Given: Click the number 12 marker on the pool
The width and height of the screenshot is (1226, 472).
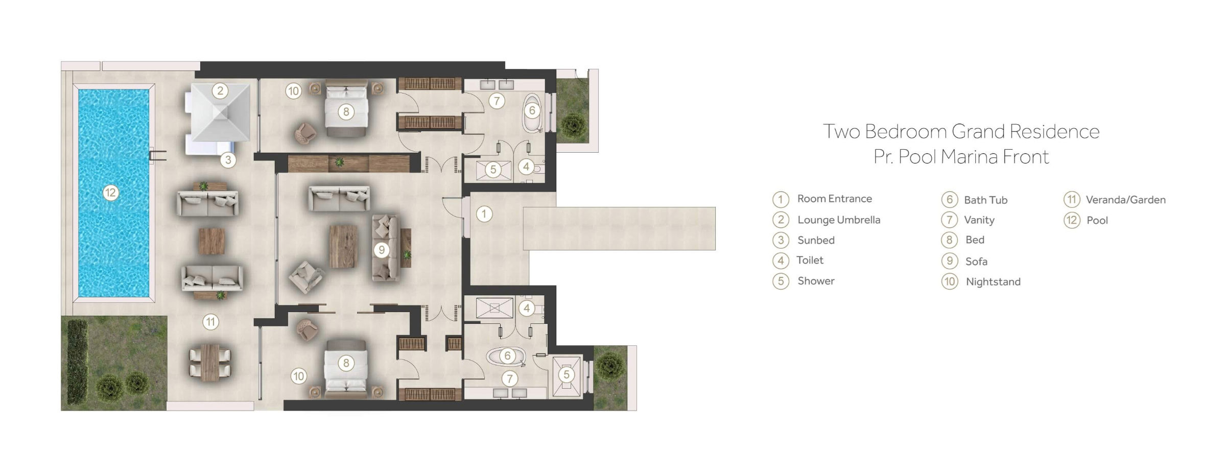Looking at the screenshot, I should point(110,193).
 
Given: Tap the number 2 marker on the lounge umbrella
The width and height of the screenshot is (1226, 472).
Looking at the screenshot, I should point(220,91).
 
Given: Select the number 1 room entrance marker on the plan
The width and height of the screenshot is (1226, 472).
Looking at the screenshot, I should point(484,214).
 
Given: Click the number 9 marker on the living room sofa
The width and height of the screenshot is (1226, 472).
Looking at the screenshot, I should point(381,250).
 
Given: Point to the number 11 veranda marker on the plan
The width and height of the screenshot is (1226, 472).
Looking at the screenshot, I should point(210,322).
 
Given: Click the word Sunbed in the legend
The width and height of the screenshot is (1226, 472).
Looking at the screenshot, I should point(816,240).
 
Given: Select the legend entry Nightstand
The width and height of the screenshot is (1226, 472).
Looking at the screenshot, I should point(993,282).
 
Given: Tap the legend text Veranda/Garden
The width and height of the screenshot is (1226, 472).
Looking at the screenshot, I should point(1125,200).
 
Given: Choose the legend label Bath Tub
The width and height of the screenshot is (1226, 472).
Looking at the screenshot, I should point(985,200).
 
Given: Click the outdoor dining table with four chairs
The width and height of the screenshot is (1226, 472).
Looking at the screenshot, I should point(210,362).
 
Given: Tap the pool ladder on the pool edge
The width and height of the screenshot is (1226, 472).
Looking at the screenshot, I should point(157,155).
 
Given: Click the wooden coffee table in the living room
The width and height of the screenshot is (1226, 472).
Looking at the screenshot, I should point(343,247).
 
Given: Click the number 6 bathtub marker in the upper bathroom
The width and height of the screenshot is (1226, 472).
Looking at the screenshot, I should point(532,110).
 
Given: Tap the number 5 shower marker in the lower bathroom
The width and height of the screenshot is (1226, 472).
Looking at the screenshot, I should point(565,374).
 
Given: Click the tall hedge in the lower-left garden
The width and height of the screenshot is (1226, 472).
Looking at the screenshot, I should point(78,361).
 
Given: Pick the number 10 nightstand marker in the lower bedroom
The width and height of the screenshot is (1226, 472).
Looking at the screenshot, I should point(298,376).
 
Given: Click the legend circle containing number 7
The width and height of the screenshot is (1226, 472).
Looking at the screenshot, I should point(949,220).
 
